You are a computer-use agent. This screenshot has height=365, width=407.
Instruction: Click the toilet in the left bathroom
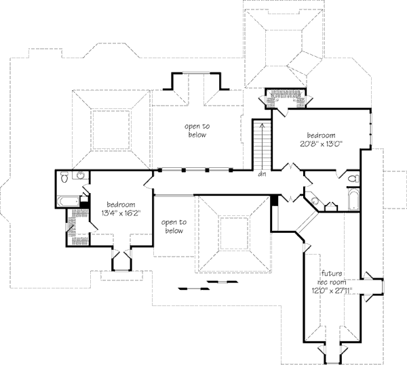[63, 177]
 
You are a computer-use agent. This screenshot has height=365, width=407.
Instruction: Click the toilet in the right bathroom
[353, 179]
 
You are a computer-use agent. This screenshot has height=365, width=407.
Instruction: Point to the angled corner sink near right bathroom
[315, 201]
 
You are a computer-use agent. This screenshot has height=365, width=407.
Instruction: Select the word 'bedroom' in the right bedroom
[319, 134]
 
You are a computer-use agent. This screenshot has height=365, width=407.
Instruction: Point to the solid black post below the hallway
[273, 200]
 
